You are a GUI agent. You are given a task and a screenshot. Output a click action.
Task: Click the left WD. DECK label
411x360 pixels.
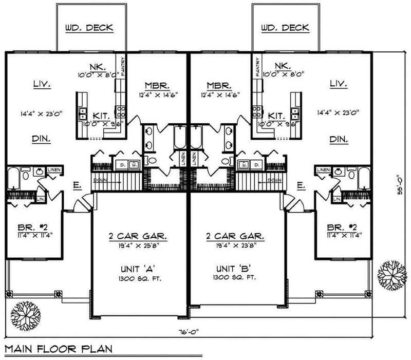click(x=89, y=27)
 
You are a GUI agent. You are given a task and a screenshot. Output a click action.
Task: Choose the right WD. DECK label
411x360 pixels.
click(x=285, y=27)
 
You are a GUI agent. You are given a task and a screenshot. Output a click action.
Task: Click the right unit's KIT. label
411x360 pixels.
click(x=276, y=116)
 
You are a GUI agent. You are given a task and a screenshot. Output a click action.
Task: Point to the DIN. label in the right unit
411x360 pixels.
click(x=338, y=139)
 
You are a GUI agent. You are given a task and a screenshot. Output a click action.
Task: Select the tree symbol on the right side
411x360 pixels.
click(x=391, y=276)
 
